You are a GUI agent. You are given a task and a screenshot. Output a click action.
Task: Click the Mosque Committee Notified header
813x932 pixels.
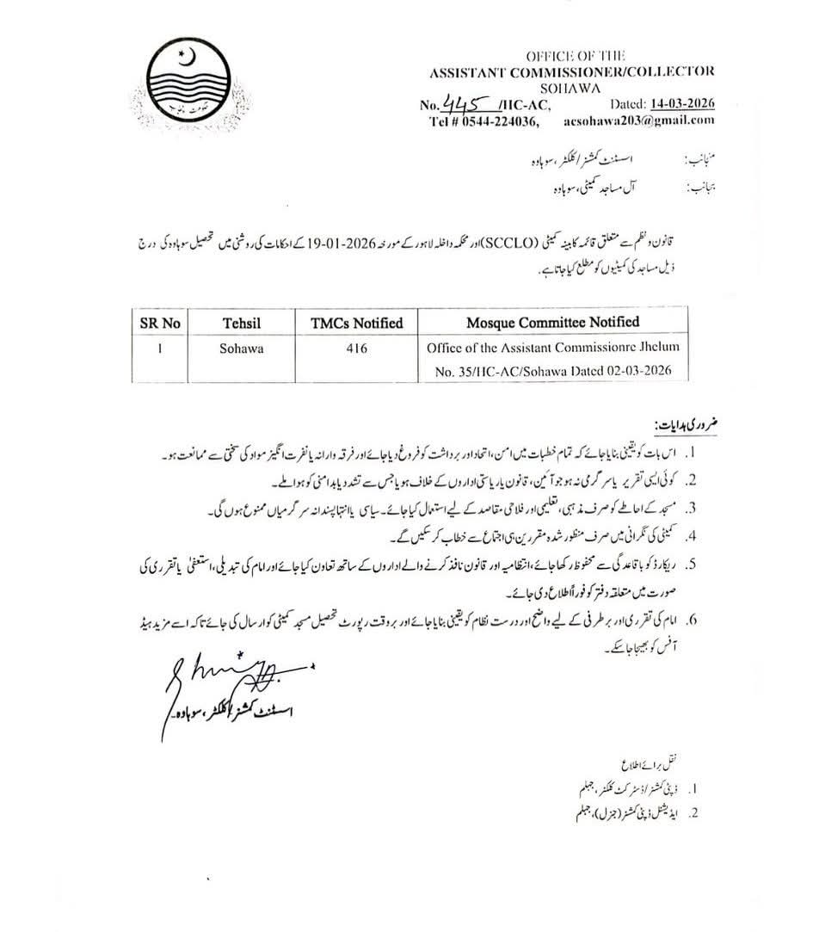552,322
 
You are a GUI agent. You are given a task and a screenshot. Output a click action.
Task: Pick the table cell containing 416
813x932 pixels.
356,350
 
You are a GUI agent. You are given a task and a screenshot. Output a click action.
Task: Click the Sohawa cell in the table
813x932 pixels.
238,350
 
